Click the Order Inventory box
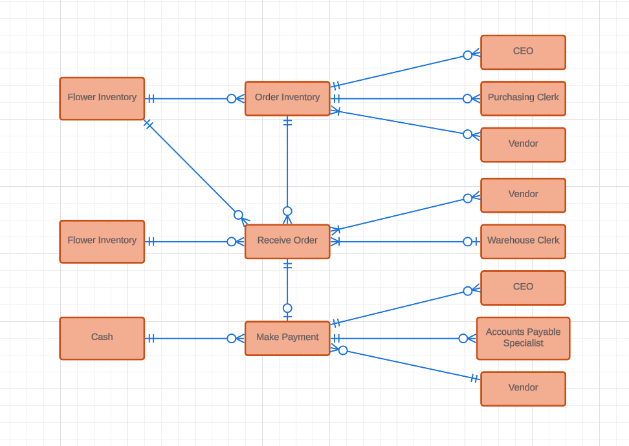287,98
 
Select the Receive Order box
287,241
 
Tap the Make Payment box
287,338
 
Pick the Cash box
102,338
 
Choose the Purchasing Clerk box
523,98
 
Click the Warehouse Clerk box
523,241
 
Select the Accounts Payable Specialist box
523,338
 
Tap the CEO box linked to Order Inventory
523,52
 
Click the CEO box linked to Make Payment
523,288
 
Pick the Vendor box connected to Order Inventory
523,145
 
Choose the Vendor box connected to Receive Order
523,195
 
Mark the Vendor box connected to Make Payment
523,388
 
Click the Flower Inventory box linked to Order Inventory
102,98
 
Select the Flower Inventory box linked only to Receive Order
102,241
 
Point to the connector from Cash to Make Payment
191,338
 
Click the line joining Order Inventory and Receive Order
287,165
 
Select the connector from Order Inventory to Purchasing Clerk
401,98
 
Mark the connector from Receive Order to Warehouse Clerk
401,241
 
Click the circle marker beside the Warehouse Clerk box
468,241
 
